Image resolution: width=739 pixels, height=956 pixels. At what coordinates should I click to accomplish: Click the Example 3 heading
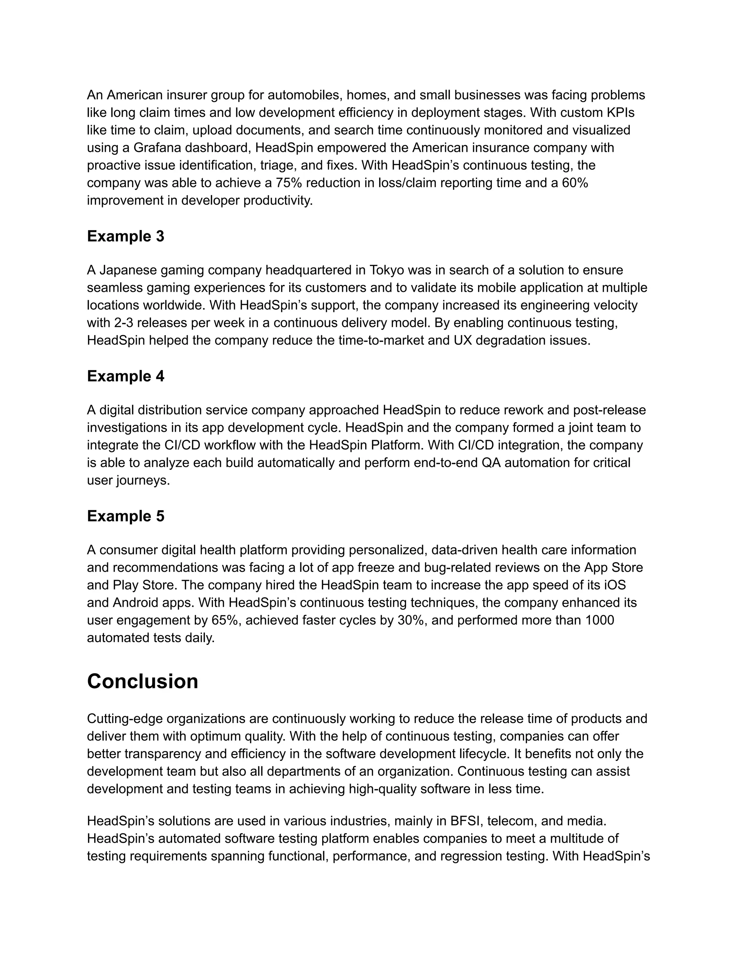click(126, 236)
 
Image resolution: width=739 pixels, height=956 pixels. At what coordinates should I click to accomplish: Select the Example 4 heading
click(126, 376)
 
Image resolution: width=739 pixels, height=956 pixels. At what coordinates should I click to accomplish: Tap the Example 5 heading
click(126, 516)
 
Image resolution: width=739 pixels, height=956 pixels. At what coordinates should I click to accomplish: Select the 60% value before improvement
click(575, 183)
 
